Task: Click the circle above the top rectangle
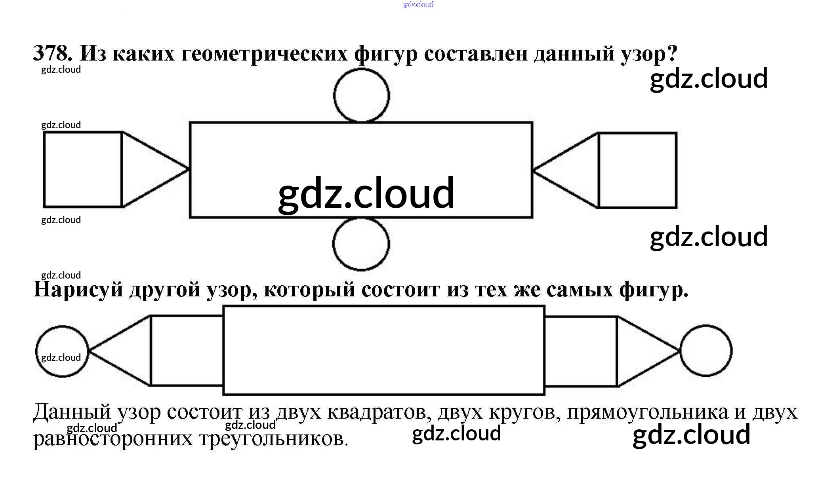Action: pyautogui.click(x=361, y=95)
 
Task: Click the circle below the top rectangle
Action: pyautogui.click(x=361, y=244)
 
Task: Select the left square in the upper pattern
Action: pyautogui.click(x=82, y=169)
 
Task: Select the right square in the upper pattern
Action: pyautogui.click(x=637, y=170)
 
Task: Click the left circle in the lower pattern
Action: pyautogui.click(x=62, y=351)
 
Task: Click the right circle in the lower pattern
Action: pyautogui.click(x=706, y=351)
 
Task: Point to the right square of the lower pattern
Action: pyautogui.click(x=581, y=351)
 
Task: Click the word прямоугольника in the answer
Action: pyautogui.click(x=647, y=412)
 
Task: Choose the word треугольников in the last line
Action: pyautogui.click(x=273, y=438)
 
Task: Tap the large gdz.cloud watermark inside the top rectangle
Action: pyautogui.click(x=366, y=193)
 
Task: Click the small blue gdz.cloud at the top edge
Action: pyautogui.click(x=418, y=4)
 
